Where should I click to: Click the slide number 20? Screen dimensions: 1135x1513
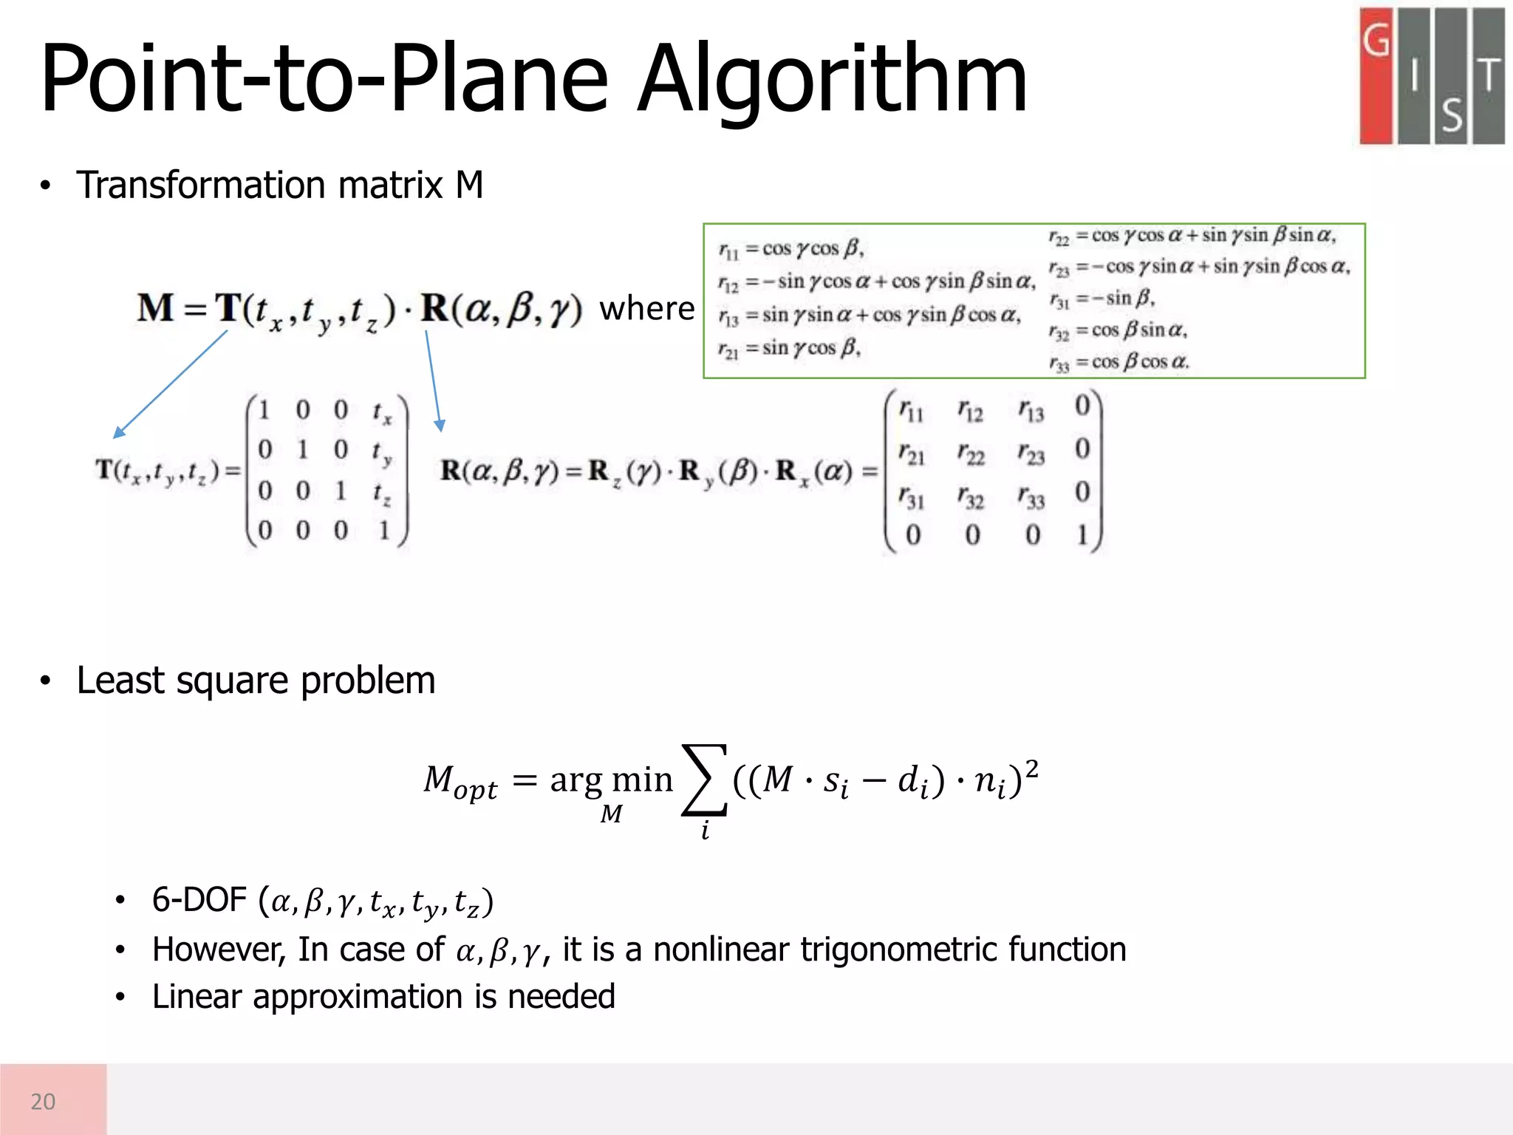coord(43,1101)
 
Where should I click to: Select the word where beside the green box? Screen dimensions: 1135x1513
coord(646,308)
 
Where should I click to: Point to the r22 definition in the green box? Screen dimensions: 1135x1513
coord(1192,236)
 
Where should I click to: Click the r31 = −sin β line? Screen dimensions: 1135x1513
coord(1102,299)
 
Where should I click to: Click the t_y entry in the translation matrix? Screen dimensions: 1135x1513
coord(382,452)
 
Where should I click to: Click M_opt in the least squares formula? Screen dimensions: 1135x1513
coord(460,782)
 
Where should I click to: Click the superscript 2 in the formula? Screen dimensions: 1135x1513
coord(1032,769)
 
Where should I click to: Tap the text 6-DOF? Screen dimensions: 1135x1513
coord(199,900)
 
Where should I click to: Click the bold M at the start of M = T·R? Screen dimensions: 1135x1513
coord(155,307)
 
